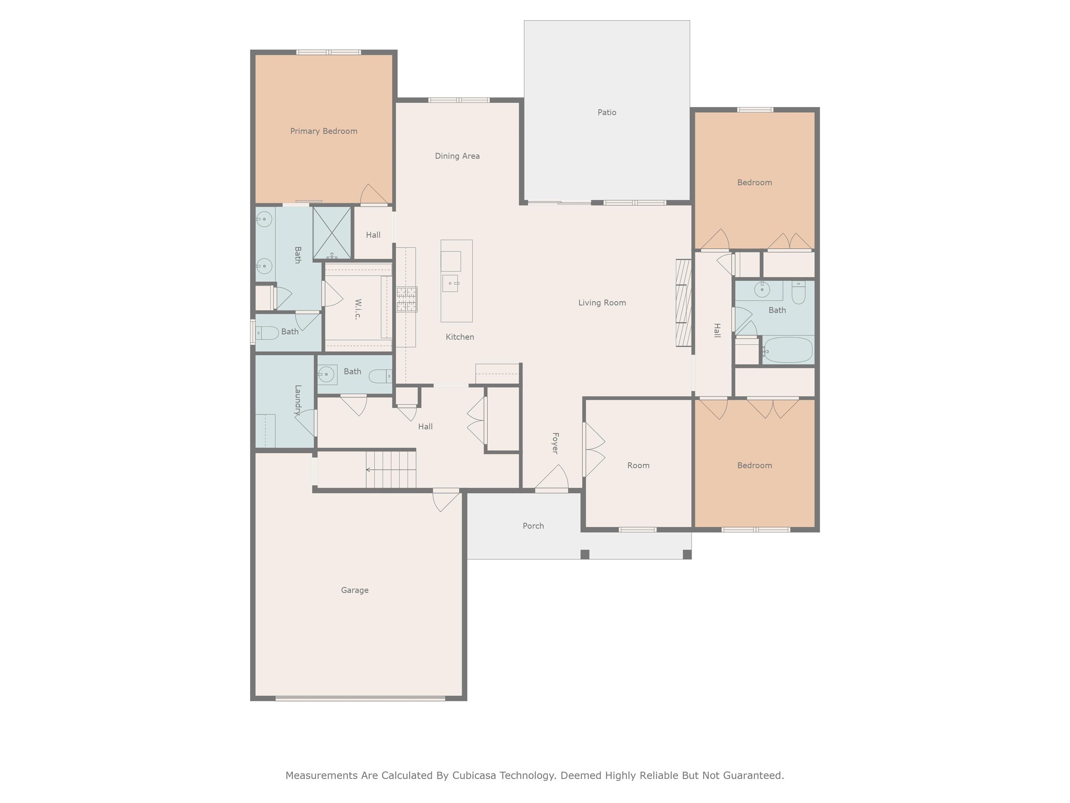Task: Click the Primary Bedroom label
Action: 324,131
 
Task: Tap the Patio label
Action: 607,112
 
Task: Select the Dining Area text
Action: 457,156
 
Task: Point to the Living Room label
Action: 602,303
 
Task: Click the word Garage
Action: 355,590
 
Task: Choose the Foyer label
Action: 555,443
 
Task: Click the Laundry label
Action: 297,400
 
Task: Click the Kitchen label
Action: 459,337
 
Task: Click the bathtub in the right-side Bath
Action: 788,350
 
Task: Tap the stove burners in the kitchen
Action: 407,299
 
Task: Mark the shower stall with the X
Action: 332,233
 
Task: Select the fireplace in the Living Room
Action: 683,303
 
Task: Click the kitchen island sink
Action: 450,283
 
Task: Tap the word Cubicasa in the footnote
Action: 474,775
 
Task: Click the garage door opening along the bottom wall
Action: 360,698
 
